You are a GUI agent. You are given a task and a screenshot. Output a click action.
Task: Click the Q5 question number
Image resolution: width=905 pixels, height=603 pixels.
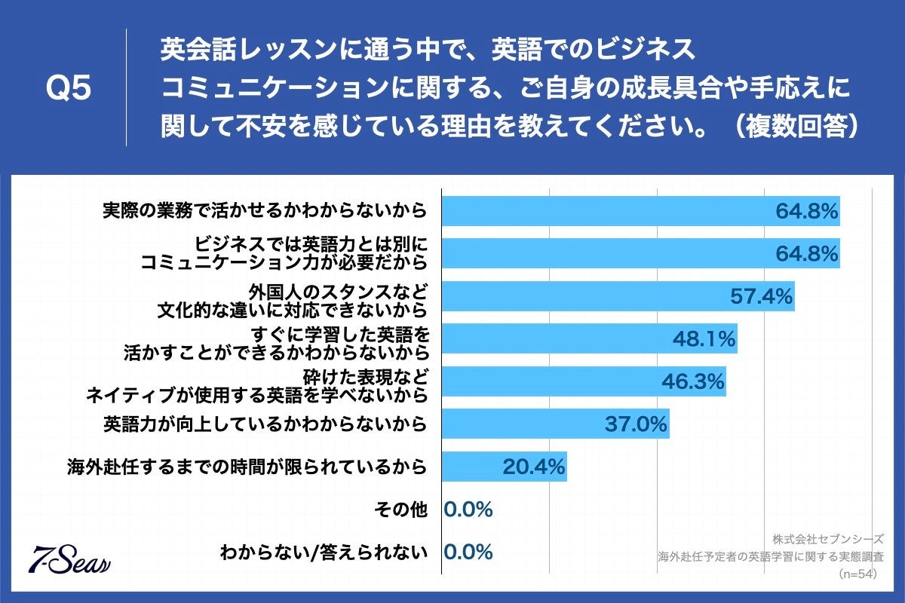pos(69,89)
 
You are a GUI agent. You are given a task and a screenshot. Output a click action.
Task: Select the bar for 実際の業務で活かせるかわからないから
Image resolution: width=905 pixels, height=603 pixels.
pos(640,211)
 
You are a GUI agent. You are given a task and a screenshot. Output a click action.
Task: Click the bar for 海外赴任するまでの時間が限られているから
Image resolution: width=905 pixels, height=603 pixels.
pos(504,467)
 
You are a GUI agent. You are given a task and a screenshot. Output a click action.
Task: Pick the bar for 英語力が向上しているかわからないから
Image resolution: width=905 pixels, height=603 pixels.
pos(555,424)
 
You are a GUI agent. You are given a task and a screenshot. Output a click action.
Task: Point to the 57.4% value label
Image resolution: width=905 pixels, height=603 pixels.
pos(762,297)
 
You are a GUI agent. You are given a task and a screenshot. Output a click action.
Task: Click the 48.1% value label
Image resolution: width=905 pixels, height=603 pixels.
pos(704,340)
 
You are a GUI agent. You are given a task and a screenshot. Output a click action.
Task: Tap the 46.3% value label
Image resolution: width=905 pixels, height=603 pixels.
pos(693,382)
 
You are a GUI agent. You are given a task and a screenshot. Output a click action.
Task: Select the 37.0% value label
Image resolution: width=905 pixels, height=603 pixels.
pos(636,424)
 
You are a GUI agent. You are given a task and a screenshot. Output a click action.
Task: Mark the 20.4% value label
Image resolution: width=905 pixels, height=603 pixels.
pos(534,467)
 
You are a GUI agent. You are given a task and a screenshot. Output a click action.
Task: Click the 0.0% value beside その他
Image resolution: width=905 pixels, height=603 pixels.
pos(468,510)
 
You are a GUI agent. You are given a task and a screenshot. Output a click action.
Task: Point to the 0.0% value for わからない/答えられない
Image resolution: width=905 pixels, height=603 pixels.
pos(468,552)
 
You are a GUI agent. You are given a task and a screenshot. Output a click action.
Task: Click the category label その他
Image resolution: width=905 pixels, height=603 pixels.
pos(401,510)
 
